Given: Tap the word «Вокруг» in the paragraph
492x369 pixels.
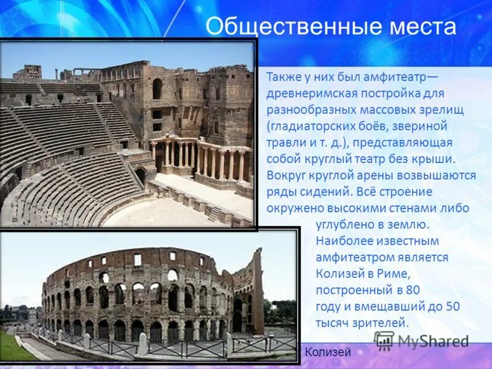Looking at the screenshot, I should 286,175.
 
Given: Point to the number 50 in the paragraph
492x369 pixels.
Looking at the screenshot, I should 453,306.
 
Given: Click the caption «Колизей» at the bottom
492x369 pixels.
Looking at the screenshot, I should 327,352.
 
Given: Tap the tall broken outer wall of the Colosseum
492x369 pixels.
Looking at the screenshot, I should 256,289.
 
